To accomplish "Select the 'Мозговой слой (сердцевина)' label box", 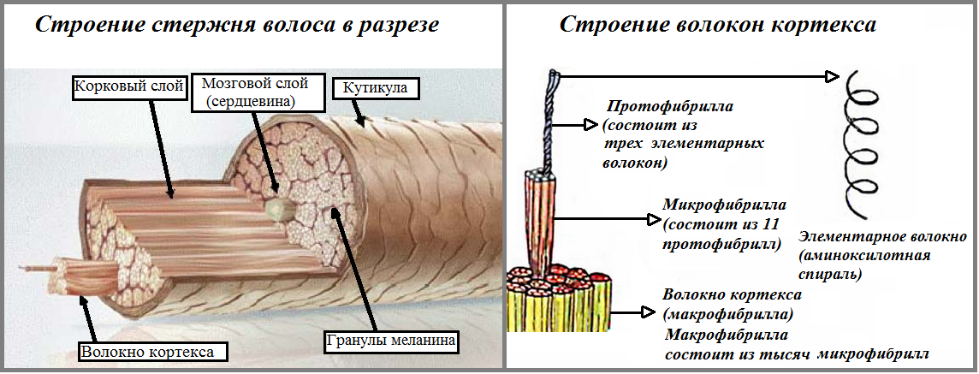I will [x=253, y=92].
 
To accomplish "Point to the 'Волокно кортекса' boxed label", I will [x=146, y=351].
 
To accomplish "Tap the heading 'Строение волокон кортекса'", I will [x=717, y=25].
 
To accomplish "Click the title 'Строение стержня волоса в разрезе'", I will [x=236, y=25].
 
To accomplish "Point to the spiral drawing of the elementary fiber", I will [x=861, y=141].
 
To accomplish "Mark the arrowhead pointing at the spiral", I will [x=830, y=77].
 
